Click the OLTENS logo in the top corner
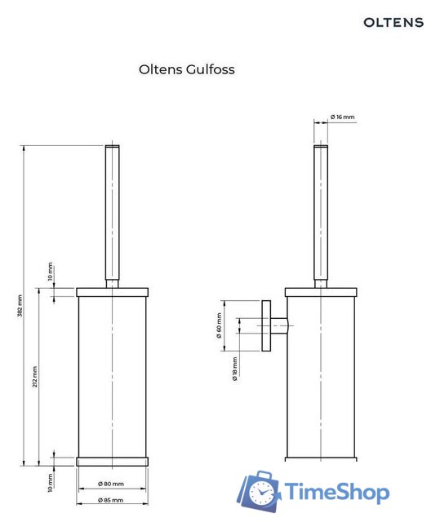coord(393,22)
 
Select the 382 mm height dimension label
coord(20,306)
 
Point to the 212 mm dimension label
coord(35,377)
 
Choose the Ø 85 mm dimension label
coord(110,499)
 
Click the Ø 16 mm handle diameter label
coord(343,117)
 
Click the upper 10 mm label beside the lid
coord(51,272)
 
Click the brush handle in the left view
coord(113,212)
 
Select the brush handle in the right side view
coord(321,212)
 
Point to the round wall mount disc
coord(266,326)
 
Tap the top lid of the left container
coord(113,291)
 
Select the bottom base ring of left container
coord(113,461)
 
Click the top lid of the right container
coord(321,291)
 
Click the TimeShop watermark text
coord(336,492)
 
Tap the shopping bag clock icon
coord(260,493)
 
